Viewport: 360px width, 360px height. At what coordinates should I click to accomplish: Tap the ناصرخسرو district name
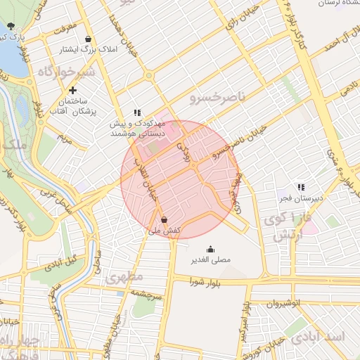tap(219, 99)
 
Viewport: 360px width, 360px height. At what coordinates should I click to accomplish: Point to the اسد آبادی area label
tap(326, 336)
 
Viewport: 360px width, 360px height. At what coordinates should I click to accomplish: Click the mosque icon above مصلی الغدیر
tap(210, 248)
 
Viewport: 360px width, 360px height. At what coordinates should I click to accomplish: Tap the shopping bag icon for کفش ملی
tap(164, 219)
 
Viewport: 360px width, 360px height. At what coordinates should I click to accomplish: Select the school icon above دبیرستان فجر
tap(301, 187)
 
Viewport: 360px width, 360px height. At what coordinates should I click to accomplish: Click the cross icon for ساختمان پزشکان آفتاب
tap(74, 90)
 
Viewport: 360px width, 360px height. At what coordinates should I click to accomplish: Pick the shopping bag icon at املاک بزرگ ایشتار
tap(87, 39)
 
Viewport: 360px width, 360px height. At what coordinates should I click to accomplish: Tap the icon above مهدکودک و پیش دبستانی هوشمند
tap(138, 112)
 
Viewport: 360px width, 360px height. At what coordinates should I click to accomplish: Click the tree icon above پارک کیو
tap(10, 26)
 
